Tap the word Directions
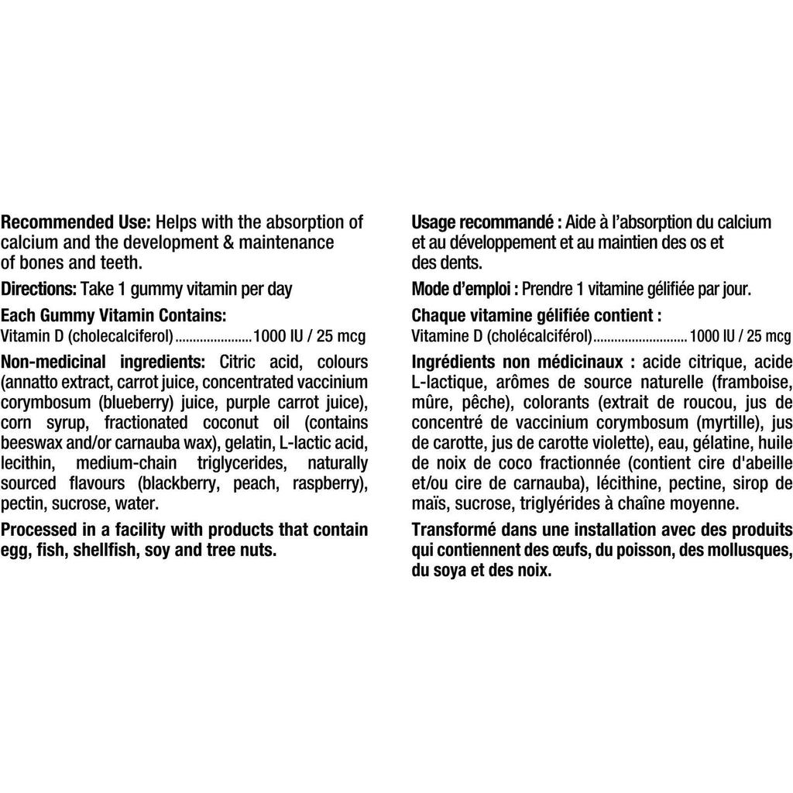(x=38, y=290)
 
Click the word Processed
(x=39, y=530)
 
